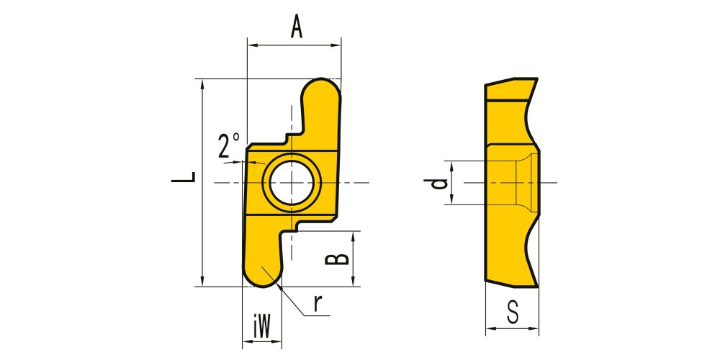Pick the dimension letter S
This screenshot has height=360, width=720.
click(513, 312)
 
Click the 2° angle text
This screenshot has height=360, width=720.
click(230, 145)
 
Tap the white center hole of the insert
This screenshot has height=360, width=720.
click(291, 182)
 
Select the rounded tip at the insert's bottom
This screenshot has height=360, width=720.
click(261, 274)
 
